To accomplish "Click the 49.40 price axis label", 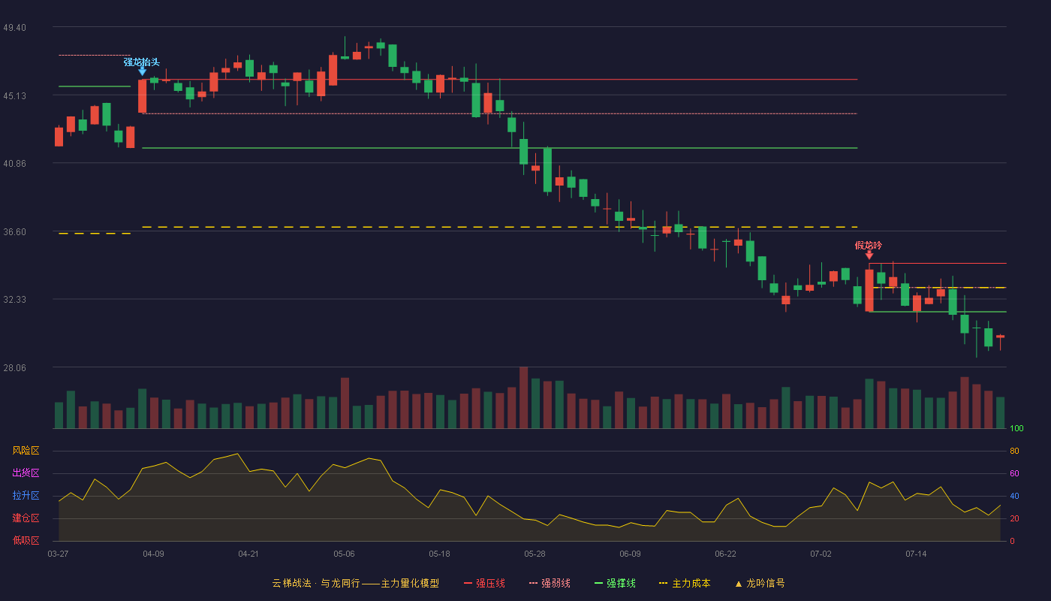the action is click(14, 28).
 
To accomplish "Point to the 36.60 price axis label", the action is click(14, 232).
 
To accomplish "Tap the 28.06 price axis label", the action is click(14, 367).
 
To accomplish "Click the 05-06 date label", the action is click(344, 554).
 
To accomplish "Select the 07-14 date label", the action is click(916, 554).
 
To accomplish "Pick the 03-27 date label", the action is click(59, 554).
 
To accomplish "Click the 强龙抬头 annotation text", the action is click(142, 62).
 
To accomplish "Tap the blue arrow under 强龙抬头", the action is click(142, 71).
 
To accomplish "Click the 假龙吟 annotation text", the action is click(869, 246).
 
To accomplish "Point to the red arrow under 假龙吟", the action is click(869, 255).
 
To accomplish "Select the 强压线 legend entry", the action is click(484, 583).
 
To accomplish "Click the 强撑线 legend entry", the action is click(615, 583).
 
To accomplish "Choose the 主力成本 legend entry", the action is click(685, 583).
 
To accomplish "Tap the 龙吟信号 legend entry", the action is click(760, 583).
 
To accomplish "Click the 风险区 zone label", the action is click(26, 451).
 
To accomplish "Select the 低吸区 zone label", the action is click(26, 541).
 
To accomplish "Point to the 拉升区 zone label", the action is click(26, 496).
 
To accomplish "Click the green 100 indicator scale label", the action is click(1016, 428).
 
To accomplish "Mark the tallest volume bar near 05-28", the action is click(524, 397).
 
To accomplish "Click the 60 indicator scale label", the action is click(1014, 473).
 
